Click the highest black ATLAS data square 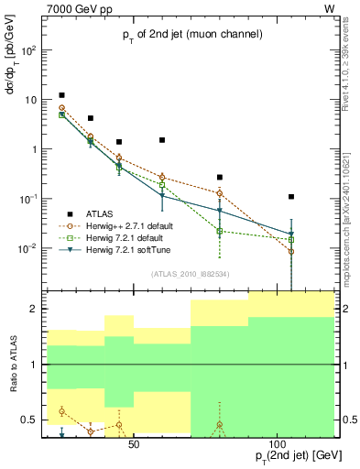pyautogui.click(x=61, y=95)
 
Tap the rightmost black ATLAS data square pyautogui.click(x=291, y=196)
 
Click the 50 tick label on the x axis pyautogui.click(x=133, y=443)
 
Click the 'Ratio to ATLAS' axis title pyautogui.click(x=13, y=364)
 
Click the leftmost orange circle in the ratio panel pyautogui.click(x=61, y=411)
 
